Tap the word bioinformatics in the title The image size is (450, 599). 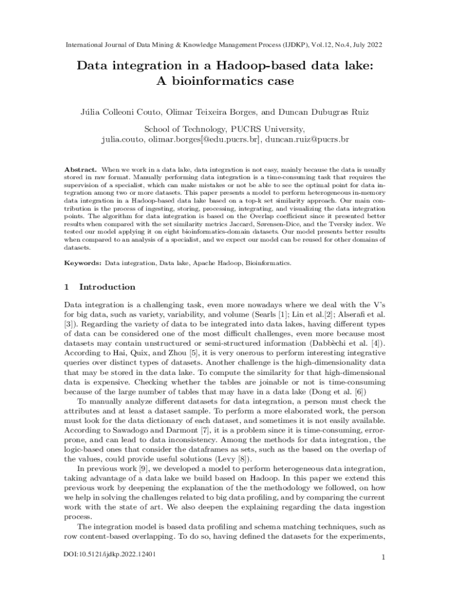tap(215, 81)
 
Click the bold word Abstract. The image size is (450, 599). tap(80, 169)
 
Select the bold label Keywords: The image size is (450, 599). tap(83, 264)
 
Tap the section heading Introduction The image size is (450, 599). tap(107, 287)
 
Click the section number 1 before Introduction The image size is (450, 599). tap(67, 287)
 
